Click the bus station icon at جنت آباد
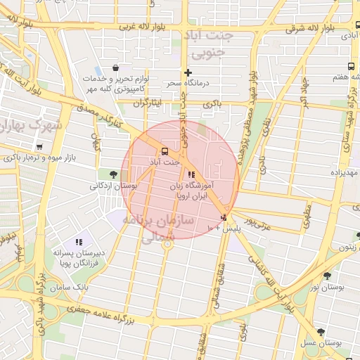point(165,150)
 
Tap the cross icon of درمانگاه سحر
point(187,72)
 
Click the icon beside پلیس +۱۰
point(224,218)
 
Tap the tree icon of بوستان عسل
point(321,331)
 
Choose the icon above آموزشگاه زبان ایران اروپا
point(191,175)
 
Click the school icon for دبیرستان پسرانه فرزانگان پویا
point(79,241)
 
